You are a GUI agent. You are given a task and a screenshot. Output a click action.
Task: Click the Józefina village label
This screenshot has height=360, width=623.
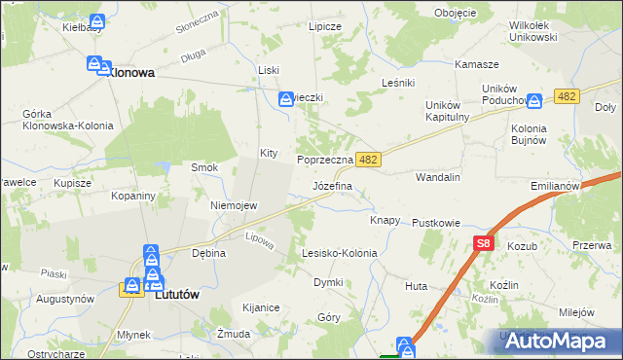332,185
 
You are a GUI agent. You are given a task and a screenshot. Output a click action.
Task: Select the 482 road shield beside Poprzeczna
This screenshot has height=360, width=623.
367,159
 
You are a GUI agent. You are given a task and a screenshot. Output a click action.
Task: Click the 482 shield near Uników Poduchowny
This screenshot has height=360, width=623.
568,95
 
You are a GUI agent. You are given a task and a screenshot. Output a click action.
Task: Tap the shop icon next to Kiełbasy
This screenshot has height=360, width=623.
96,22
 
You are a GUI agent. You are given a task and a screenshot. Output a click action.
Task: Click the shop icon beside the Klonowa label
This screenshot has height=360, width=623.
95,65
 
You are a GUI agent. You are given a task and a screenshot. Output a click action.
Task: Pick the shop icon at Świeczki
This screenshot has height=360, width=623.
286,98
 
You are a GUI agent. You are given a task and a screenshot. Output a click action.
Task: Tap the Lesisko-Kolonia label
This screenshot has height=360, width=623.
339,253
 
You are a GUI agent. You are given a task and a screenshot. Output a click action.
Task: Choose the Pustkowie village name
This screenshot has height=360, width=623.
435,223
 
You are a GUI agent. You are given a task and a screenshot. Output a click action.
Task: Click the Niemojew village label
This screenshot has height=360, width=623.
234,205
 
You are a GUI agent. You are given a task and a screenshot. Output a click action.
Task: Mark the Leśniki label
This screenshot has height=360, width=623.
400,84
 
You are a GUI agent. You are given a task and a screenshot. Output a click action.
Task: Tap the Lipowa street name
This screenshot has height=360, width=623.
258,237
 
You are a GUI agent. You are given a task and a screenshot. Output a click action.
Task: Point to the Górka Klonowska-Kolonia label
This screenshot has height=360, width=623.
68,120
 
